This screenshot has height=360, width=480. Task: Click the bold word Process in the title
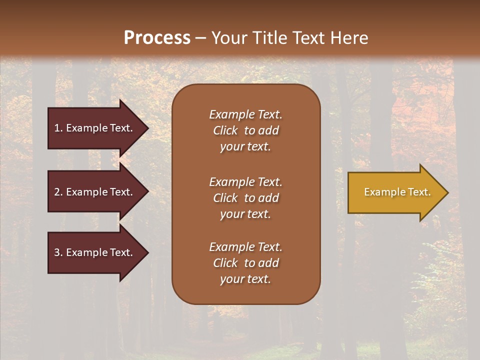[x=157, y=38]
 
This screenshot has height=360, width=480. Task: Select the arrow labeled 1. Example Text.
[x=95, y=128]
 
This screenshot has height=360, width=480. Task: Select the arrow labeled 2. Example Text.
[x=95, y=192]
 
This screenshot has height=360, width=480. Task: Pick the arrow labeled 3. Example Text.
[x=95, y=253]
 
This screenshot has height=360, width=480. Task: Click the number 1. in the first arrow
[x=58, y=128]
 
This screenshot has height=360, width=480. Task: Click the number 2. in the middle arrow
[x=58, y=192]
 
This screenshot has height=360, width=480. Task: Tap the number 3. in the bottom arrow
[x=58, y=253]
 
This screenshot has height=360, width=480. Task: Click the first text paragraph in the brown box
[x=245, y=130]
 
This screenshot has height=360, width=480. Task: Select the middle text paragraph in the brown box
[x=245, y=198]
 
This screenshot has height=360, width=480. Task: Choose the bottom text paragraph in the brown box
[x=245, y=263]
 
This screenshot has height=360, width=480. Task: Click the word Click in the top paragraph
[x=225, y=130]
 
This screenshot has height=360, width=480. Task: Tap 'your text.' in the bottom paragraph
[x=245, y=279]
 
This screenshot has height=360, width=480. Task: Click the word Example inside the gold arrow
[x=380, y=192]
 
